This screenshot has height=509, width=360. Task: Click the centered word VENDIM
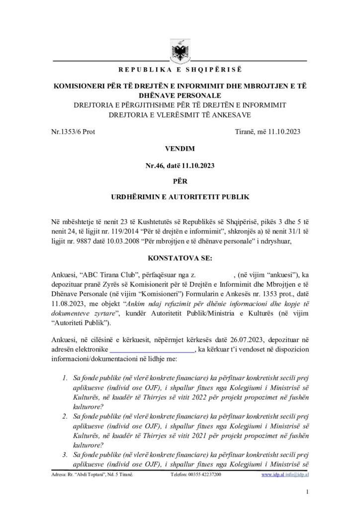180,149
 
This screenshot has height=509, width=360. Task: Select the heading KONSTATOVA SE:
180,258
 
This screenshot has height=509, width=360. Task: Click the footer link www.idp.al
271,475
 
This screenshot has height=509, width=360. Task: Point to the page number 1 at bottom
308,492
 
